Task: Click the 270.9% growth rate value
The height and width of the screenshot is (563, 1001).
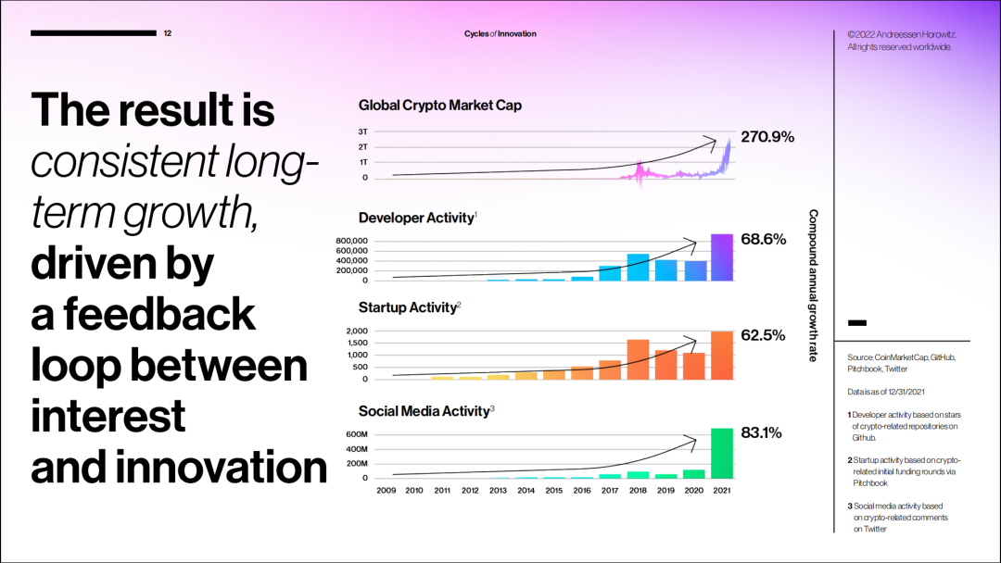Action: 768,137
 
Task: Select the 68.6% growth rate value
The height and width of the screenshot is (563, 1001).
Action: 764,239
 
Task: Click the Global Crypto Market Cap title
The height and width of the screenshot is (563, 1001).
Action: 439,106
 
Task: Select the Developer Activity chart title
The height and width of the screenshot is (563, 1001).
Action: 415,218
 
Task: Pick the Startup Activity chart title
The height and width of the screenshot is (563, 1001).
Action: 408,307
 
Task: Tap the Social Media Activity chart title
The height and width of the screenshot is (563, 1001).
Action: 424,410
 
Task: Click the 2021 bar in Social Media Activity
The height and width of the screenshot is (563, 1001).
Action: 721,453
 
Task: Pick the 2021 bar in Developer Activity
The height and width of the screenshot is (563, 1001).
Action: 721,257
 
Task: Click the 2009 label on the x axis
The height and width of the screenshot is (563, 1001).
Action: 386,490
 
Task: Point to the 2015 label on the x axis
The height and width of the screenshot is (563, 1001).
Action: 553,490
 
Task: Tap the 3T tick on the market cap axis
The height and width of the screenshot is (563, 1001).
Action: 362,131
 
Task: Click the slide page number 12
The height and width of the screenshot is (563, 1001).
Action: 168,33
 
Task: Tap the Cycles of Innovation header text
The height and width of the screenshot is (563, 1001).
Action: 500,34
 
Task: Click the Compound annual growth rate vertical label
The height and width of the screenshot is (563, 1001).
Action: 813,285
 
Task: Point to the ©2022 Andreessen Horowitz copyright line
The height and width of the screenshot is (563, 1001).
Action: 902,34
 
